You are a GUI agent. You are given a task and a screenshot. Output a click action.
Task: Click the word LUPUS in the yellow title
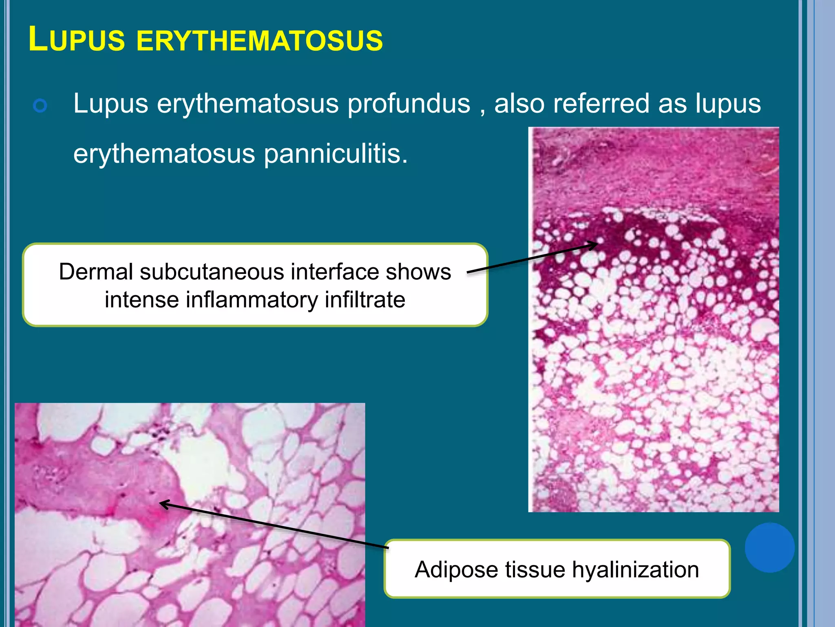click(x=77, y=40)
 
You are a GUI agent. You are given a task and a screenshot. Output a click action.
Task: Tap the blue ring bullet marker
click(x=40, y=106)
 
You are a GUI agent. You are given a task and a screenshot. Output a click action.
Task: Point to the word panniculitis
click(x=336, y=154)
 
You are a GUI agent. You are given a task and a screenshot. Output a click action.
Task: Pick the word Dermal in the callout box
click(x=96, y=272)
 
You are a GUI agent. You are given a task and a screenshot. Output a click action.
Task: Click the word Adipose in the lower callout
click(x=456, y=569)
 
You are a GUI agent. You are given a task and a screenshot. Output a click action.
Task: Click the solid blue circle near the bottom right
click(x=769, y=547)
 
